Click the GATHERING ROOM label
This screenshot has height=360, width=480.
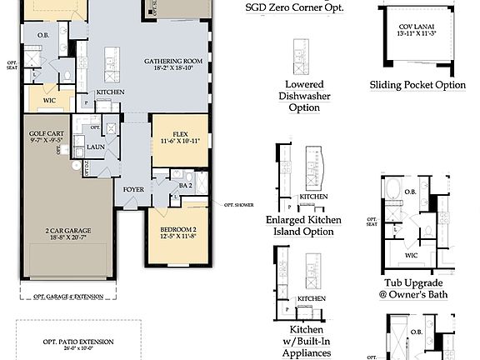172,62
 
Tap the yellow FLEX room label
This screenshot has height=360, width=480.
179,133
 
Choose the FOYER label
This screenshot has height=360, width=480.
133,189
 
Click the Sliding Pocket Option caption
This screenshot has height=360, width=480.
417,86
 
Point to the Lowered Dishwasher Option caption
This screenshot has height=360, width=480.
303,96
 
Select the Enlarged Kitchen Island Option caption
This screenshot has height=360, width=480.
304,226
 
